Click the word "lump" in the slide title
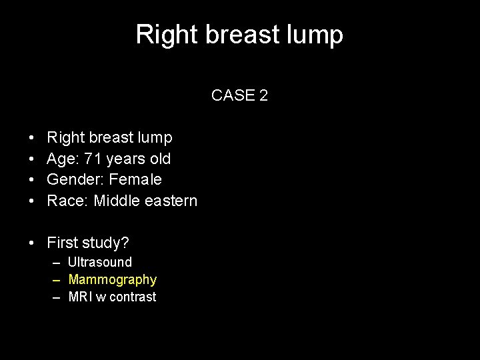click(317, 35)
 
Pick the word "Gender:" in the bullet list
click(75, 179)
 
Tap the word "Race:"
click(68, 200)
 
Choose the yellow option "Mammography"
click(113, 279)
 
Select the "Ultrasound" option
click(100, 262)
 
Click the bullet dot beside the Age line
click(33, 159)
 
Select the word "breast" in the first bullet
click(111, 138)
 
